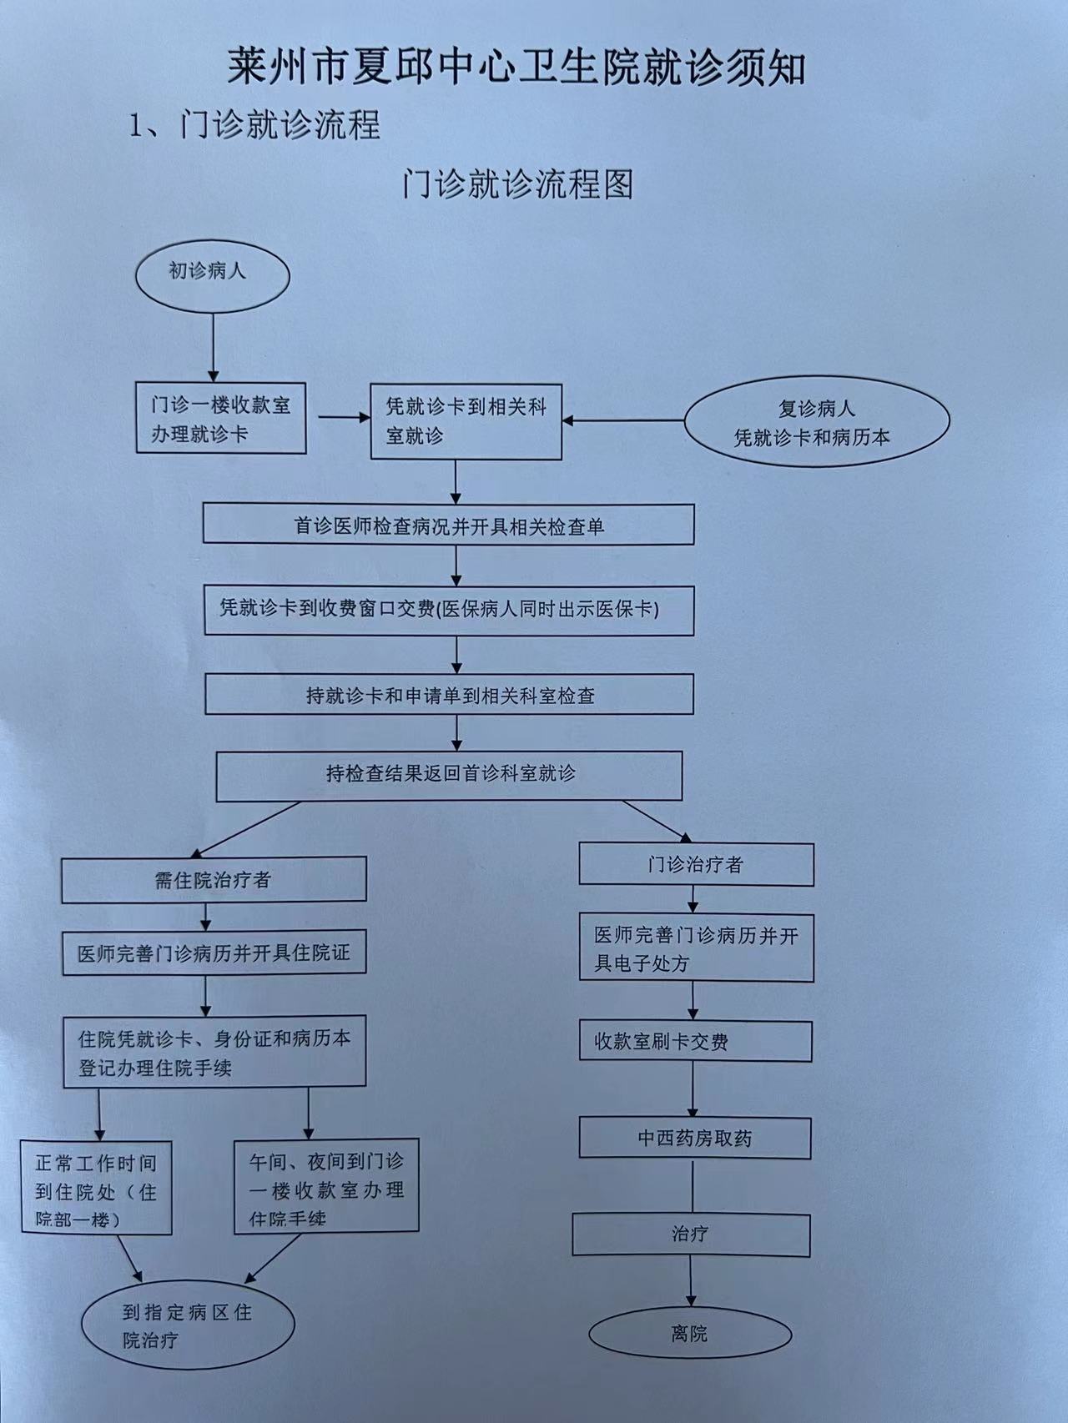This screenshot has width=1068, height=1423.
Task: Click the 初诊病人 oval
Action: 212,276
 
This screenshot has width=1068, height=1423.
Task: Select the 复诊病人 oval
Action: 817,422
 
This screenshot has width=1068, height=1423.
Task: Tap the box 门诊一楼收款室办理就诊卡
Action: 221,418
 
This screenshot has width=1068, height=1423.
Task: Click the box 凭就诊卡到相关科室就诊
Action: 466,421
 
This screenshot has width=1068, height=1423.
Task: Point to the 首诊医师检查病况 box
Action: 449,525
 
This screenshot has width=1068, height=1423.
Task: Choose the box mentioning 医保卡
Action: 449,610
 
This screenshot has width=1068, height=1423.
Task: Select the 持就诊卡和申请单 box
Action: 450,694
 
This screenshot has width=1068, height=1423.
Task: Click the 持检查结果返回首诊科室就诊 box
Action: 450,776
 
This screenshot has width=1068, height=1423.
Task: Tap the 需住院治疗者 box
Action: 214,879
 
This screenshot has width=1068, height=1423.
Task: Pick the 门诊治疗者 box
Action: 696,864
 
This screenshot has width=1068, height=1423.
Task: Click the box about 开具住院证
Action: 214,953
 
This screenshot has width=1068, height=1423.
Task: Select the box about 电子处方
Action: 696,948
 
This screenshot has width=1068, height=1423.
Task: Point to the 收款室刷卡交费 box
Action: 696,1041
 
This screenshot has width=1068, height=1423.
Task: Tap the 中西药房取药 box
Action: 695,1138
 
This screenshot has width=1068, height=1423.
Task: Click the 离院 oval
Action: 690,1334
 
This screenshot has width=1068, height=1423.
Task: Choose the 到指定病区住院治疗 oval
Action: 188,1325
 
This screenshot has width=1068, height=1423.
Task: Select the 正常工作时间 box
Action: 97,1188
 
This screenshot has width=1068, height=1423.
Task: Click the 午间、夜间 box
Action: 326,1185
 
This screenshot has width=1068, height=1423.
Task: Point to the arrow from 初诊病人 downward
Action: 213,347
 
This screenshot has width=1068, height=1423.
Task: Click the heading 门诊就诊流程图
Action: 517,184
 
